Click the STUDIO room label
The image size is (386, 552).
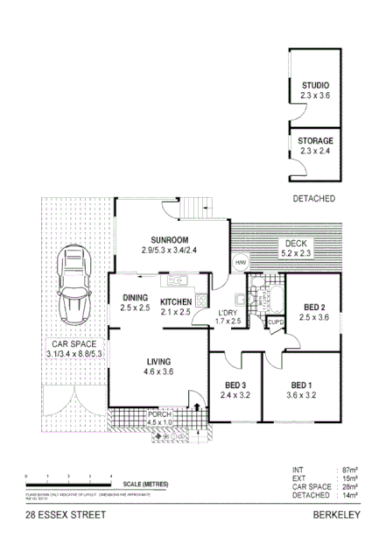coord(315,85)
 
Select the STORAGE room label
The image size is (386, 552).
coord(315,140)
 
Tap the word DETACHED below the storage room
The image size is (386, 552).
coord(314,199)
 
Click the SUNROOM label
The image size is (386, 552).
coord(169,240)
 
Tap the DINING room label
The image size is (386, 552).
coord(136,297)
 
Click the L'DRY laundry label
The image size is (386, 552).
coord(228,313)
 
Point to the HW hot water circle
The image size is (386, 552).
coord(240,262)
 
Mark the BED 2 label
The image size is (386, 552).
coord(315,307)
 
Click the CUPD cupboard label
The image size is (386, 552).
coord(275,322)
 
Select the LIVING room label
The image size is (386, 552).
coord(158,362)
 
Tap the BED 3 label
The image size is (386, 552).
coord(235,385)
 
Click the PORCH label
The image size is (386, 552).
coord(159,414)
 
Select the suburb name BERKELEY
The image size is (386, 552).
coord(337,515)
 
